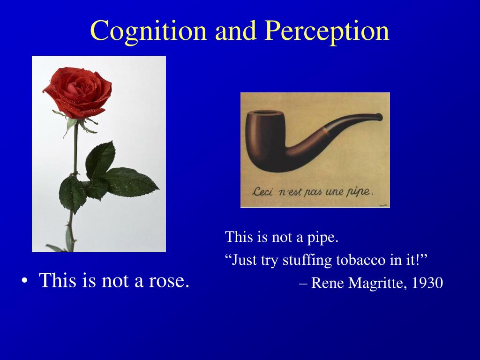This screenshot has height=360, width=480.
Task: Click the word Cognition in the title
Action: (148, 31)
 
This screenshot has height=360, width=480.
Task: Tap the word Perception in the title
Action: (327, 31)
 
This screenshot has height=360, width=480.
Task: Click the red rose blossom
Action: (78, 92)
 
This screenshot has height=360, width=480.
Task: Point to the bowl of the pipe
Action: (265, 140)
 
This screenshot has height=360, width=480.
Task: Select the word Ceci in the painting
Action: (262, 192)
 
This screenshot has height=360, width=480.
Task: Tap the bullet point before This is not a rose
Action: (24, 281)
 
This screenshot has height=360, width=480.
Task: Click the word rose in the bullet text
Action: (169, 280)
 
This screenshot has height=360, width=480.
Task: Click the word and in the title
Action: (236, 31)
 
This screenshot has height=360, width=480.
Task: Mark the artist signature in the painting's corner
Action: (383, 205)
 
